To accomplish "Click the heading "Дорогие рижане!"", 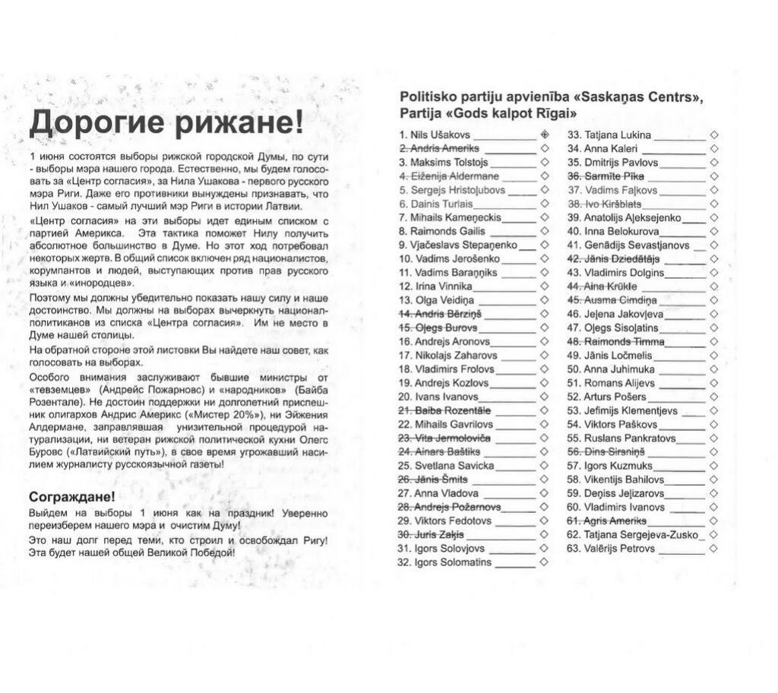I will coord(165,121).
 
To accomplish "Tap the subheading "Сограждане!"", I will coord(72,497).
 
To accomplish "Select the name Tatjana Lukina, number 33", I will coord(618,135).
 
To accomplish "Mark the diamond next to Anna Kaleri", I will coord(713,149).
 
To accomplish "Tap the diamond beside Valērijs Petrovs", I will coord(713,549).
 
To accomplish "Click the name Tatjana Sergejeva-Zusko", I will coord(640,535).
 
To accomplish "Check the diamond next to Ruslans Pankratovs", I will coord(713,438).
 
